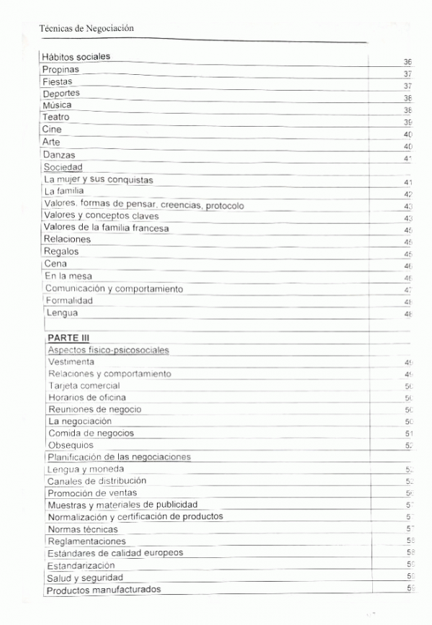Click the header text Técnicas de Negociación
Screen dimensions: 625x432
pyautogui.click(x=87, y=28)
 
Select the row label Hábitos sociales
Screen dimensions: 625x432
pyautogui.click(x=76, y=57)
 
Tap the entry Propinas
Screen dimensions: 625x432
pyautogui.click(x=60, y=70)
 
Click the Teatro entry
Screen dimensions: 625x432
pyautogui.click(x=56, y=117)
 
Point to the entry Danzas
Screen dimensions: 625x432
pyautogui.click(x=59, y=155)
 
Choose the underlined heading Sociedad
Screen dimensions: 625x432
pyautogui.click(x=63, y=167)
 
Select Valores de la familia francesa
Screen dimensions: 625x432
pyautogui.click(x=107, y=228)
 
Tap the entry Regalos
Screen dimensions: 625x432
pyautogui.click(x=61, y=252)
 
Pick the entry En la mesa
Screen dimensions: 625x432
pyautogui.click(x=68, y=276)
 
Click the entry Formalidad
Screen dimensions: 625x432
pyautogui.click(x=69, y=301)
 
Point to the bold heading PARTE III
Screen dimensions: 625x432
pyautogui.click(x=68, y=338)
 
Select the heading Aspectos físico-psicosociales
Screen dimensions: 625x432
pyautogui.click(x=108, y=350)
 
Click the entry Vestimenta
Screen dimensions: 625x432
pyautogui.click(x=71, y=361)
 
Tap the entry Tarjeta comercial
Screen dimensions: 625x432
pyautogui.click(x=84, y=386)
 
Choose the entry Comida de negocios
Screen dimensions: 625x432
pyautogui.click(x=91, y=433)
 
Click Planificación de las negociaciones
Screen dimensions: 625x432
pyautogui.click(x=119, y=457)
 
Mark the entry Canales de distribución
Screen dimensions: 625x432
pyautogui.click(x=96, y=481)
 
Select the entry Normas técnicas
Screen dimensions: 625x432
pyautogui.click(x=82, y=529)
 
